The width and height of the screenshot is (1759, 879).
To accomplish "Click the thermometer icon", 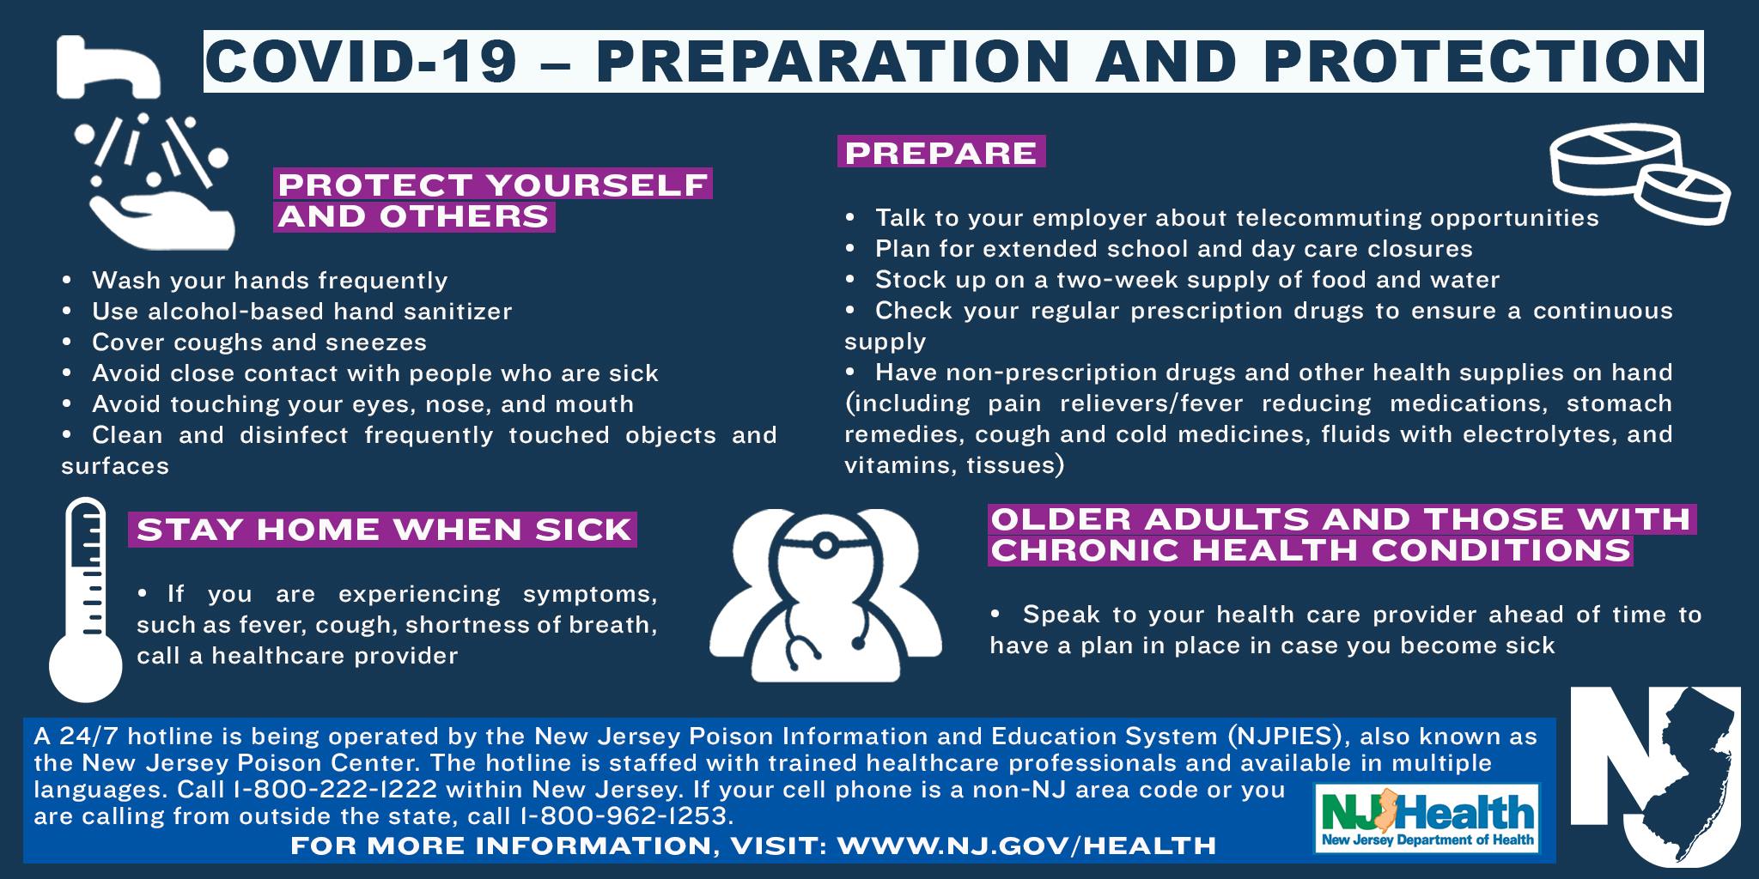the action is point(85,601).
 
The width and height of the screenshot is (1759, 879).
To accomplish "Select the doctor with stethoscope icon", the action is point(825,596).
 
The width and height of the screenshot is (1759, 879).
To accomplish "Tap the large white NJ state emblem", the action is point(1655,777).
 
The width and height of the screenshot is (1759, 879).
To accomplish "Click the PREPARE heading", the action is point(941,152).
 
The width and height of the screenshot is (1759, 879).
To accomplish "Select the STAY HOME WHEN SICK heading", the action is point(383,530).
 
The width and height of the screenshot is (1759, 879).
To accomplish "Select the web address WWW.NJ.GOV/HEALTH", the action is point(1026,846).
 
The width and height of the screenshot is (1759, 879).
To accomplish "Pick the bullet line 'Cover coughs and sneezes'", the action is point(259,343).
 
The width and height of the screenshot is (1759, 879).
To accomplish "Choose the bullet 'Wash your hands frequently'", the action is point(270,281).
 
